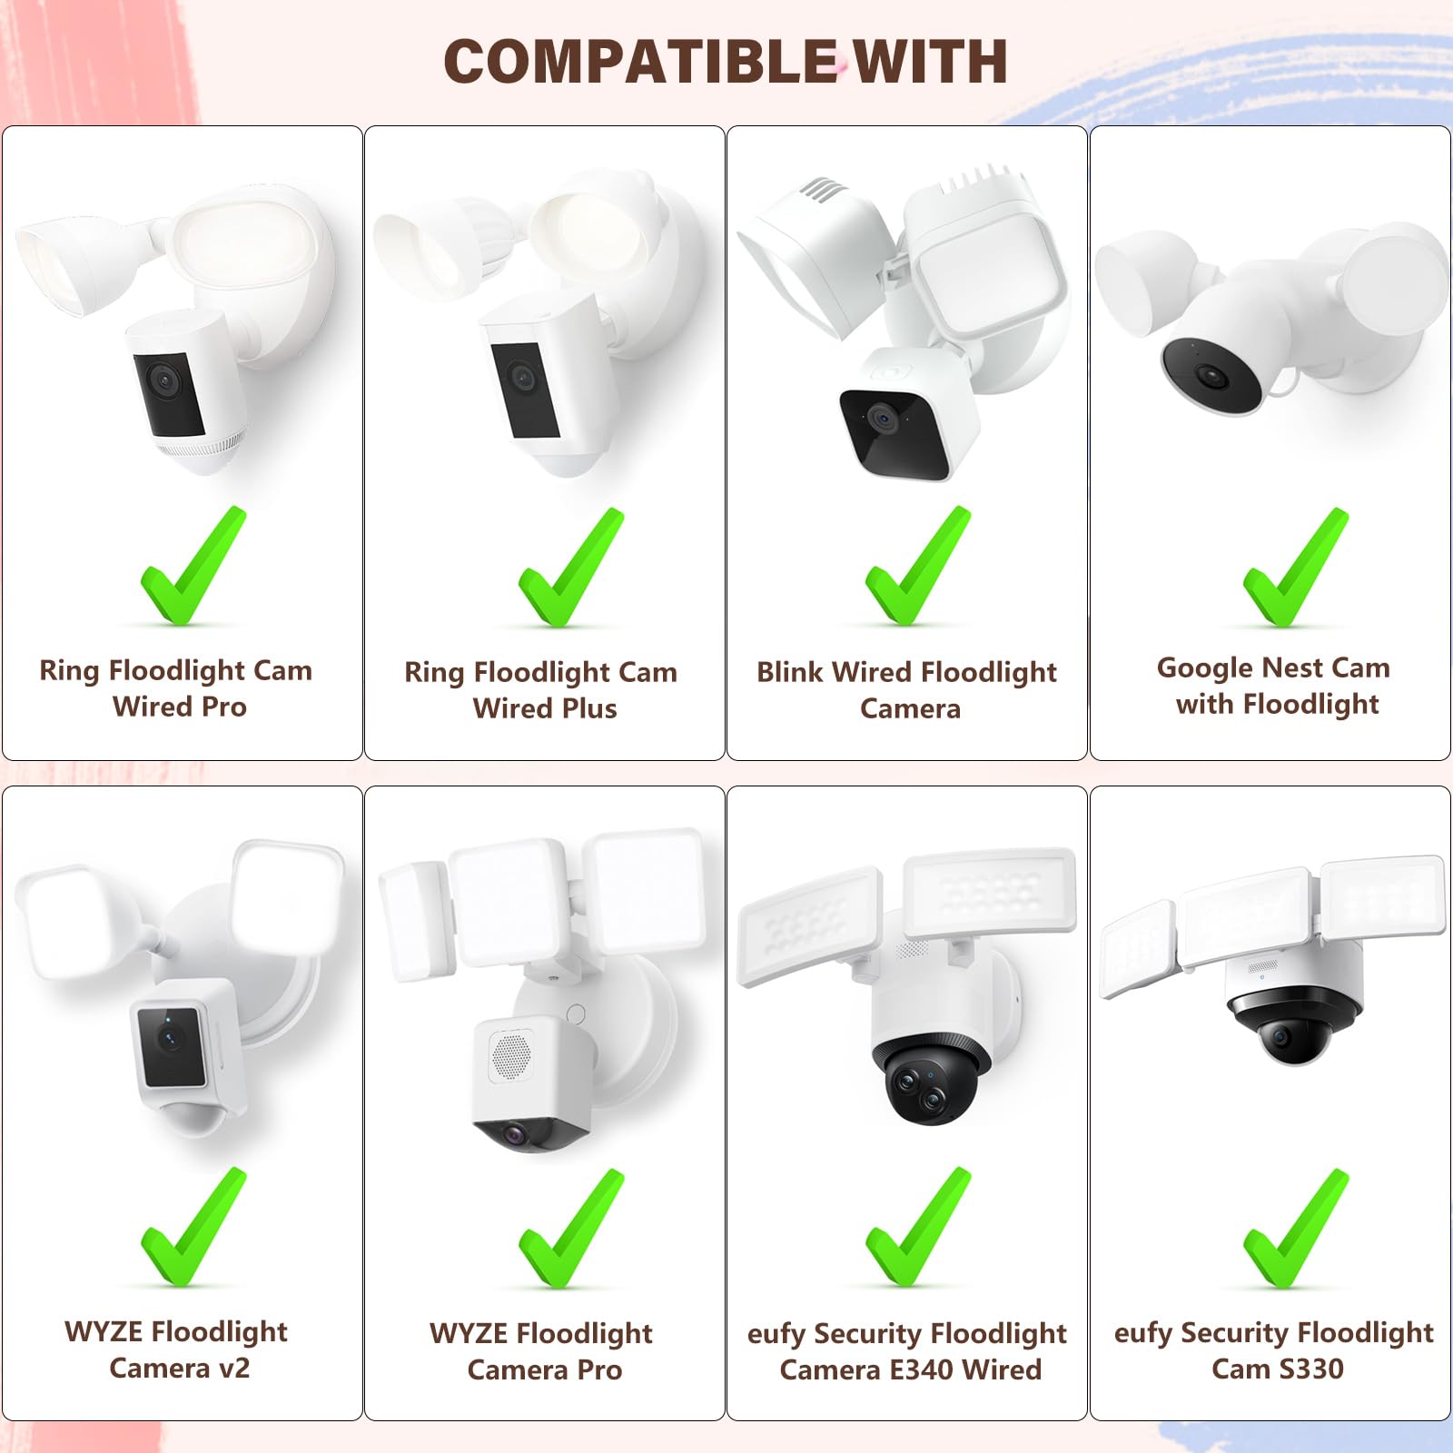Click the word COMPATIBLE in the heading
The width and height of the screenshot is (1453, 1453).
click(x=640, y=62)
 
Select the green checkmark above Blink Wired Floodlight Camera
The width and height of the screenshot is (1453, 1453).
click(x=918, y=568)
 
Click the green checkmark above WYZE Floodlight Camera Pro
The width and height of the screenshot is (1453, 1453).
click(x=571, y=1229)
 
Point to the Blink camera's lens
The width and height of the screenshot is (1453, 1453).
click(x=879, y=418)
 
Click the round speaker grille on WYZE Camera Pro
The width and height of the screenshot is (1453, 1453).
click(x=511, y=1054)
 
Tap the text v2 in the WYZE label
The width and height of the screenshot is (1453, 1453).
click(x=231, y=1368)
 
